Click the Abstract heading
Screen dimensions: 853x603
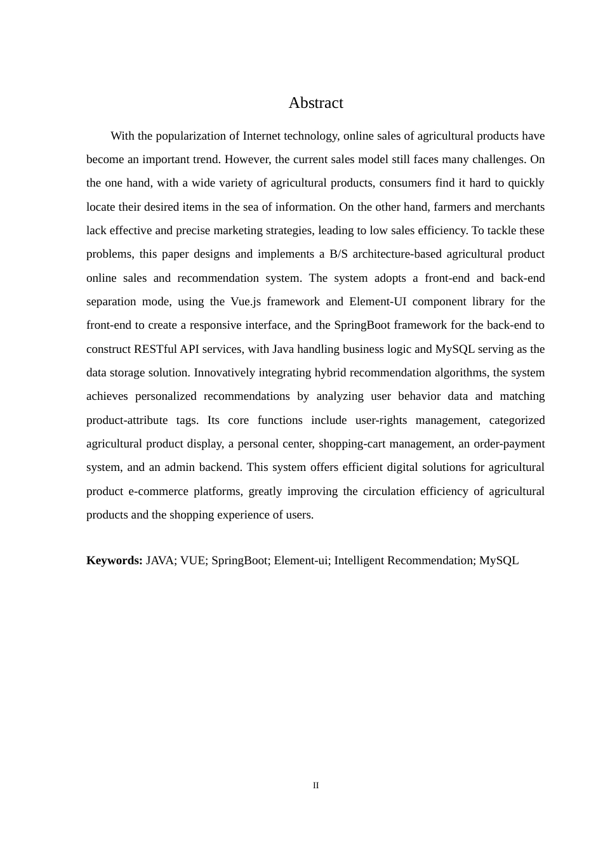click(x=315, y=103)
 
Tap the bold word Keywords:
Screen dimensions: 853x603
click(x=114, y=560)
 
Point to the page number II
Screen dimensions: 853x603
click(x=315, y=786)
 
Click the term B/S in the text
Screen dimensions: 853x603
click(x=338, y=254)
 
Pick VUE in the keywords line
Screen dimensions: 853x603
click(x=192, y=560)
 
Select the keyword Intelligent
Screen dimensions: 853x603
click(x=359, y=560)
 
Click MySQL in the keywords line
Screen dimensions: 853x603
click(x=499, y=560)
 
